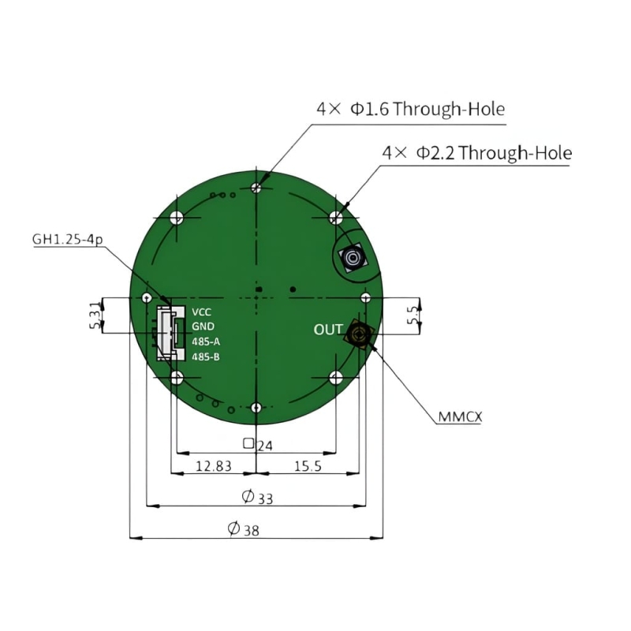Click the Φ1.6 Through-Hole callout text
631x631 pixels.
point(410,109)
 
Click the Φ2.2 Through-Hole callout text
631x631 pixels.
point(477,153)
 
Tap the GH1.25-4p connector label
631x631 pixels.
point(68,240)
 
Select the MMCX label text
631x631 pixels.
point(460,416)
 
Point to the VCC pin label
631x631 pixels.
point(202,312)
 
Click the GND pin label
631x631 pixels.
point(203,327)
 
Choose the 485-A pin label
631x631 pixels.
point(206,342)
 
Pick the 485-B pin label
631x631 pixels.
point(206,357)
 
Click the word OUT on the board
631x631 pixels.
point(328,330)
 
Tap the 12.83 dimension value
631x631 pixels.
point(214,466)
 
